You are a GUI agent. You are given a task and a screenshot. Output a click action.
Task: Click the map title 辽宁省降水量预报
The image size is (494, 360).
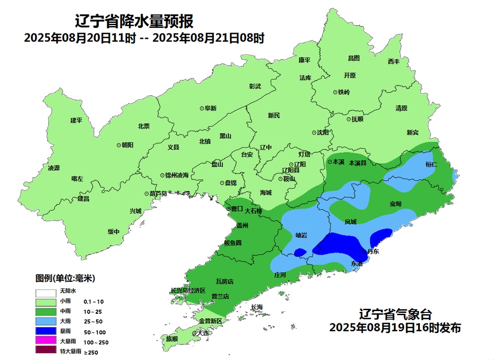(134, 21)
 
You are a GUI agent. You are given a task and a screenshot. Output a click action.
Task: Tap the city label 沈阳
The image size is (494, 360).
(323, 133)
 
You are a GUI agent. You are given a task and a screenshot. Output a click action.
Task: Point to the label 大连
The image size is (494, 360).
(203, 333)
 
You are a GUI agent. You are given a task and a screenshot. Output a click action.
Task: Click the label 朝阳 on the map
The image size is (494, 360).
(128, 145)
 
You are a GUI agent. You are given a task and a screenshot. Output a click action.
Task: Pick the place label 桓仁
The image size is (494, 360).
(431, 164)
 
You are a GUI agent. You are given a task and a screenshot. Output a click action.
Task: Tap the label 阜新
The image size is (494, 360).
(210, 108)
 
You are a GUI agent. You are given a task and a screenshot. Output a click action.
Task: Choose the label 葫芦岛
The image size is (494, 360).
(158, 193)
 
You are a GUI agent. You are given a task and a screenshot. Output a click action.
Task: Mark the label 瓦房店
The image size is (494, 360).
(225, 281)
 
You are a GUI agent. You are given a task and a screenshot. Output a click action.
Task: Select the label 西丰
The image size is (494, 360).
(394, 61)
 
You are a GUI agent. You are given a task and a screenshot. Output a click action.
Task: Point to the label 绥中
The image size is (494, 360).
(113, 231)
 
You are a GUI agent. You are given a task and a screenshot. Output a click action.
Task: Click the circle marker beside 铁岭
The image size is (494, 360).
(335, 92)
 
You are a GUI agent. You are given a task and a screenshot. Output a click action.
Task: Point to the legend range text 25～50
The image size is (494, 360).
(93, 322)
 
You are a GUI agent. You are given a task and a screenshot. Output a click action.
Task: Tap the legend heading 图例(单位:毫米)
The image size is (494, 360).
(65, 278)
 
